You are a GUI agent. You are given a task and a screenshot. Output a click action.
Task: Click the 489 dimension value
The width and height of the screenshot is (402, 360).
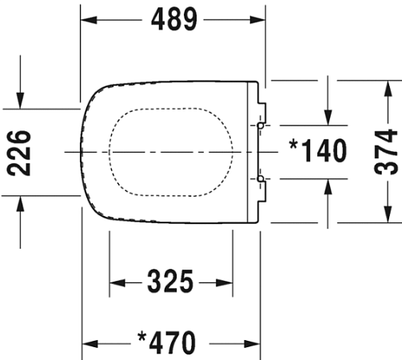pos(174,19)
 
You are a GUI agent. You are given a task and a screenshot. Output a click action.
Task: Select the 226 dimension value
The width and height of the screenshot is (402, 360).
pos(18,153)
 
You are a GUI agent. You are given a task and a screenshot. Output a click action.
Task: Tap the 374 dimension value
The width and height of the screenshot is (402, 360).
pos(386,151)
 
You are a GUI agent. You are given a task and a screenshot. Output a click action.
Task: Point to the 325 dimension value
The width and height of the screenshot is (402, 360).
pos(170,282)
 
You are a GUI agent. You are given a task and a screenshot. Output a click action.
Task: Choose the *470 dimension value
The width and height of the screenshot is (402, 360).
pos(167,342)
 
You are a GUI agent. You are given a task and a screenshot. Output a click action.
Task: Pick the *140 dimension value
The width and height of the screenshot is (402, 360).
pos(318,150)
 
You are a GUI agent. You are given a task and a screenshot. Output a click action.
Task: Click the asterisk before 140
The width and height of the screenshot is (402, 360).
pos(293,145)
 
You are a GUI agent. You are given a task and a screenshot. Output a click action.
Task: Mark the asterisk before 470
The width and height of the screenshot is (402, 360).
pos(142,337)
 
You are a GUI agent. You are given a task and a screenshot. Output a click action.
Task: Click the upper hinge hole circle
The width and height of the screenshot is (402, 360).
pos(261,126)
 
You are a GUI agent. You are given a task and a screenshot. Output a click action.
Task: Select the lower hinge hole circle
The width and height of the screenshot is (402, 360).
pos(261,178)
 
